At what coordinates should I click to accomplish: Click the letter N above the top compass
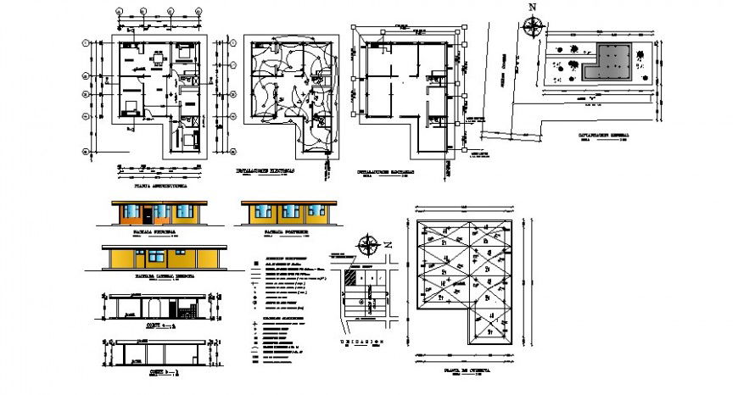point(533,7)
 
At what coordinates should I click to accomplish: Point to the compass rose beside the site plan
point(533,27)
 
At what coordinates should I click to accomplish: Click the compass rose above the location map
point(368,247)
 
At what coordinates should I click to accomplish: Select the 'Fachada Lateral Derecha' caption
point(163,276)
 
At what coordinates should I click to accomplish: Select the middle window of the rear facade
point(288,212)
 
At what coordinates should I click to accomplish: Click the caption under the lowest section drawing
point(153,372)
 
